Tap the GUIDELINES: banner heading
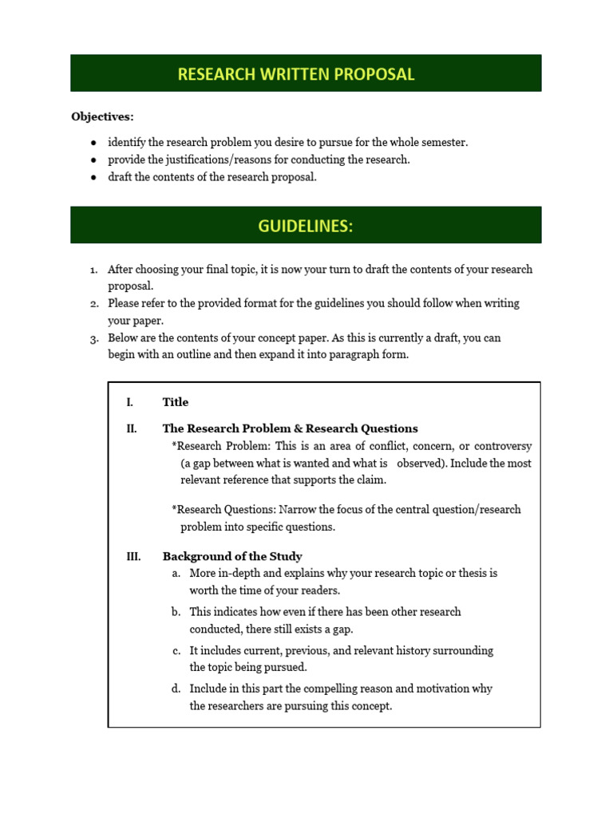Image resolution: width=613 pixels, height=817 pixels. pos(306,226)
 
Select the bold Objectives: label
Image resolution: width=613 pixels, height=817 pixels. pos(103,116)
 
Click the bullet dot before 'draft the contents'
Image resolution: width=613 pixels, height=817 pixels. pos(94,177)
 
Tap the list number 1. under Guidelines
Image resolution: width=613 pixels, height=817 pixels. pos(93,270)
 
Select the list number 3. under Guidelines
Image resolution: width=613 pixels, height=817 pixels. pos(93,338)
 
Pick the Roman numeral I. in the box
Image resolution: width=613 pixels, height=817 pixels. pos(129,402)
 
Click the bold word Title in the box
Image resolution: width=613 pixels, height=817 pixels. pos(176,402)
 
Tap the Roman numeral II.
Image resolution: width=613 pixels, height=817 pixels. pos(131,428)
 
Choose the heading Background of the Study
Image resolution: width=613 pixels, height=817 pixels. pos(232,556)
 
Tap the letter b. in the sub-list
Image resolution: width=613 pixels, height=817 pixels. pos(176,612)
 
